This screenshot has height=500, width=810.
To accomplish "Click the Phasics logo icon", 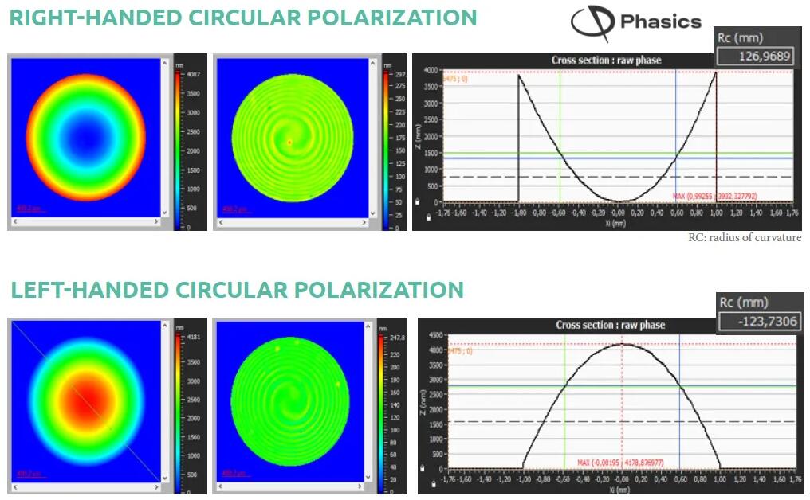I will [x=592, y=23].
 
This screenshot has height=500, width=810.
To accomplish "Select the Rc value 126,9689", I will [x=757, y=56].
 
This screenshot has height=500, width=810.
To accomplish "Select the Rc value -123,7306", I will [x=758, y=321].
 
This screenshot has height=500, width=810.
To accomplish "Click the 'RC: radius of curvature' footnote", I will [x=745, y=238].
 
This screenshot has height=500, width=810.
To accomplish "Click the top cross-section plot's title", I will [x=606, y=61].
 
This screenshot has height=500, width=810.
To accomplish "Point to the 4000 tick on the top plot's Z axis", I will [x=429, y=71].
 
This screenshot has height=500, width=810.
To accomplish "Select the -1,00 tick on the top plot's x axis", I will [x=518, y=213].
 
